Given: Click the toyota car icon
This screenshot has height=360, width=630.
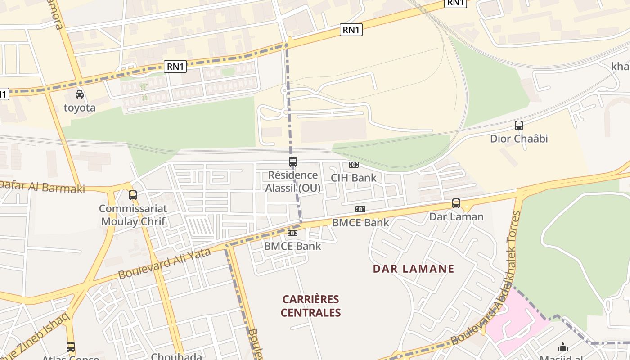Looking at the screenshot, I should click(x=80, y=94).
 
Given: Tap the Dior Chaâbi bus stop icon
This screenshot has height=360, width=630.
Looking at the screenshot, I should click(x=519, y=126).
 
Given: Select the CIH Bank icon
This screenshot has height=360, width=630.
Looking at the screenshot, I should click(x=354, y=165).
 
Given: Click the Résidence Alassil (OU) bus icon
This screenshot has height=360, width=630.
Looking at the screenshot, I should click(x=293, y=162).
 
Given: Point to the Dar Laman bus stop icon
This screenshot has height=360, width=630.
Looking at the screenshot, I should click(x=456, y=203).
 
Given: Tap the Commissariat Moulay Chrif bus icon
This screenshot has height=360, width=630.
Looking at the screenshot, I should click(x=133, y=195).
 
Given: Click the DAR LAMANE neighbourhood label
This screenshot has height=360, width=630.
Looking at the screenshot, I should click(x=414, y=269).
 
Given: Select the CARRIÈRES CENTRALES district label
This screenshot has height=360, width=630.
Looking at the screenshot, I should click(x=311, y=306).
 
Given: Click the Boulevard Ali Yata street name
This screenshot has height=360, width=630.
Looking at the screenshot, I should click(x=164, y=263).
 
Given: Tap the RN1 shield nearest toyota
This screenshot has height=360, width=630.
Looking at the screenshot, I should click(x=175, y=67).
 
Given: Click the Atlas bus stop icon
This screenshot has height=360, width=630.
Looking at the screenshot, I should click(x=71, y=347).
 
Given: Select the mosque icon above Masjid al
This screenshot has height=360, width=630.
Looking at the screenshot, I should click(x=563, y=347).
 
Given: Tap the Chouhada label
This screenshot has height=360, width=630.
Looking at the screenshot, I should click(x=176, y=356).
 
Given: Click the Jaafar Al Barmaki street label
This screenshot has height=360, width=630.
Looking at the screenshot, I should click(x=43, y=186).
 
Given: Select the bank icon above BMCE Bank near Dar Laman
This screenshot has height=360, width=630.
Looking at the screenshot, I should click(x=360, y=209).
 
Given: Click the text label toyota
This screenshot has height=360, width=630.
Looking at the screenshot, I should click(x=80, y=108).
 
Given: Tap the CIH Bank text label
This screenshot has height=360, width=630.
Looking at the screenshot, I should click(x=354, y=178).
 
